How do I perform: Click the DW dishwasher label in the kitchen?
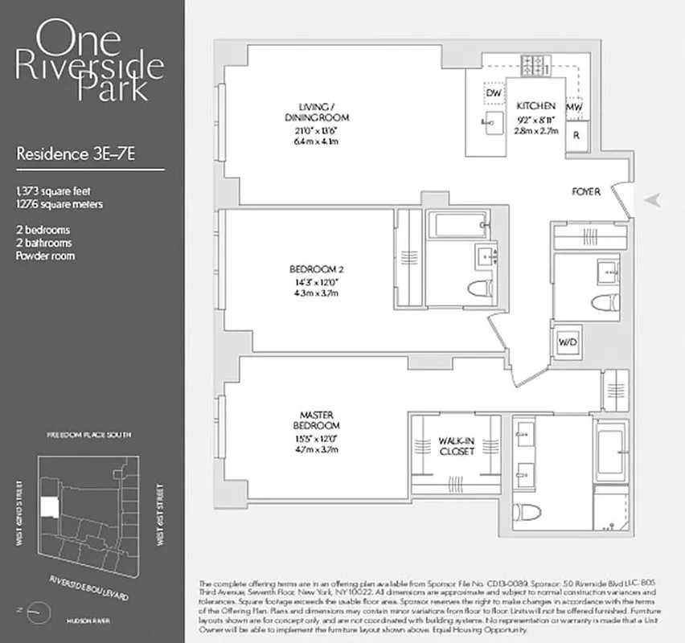pos(494,94)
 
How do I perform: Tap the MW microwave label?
pos(574,107)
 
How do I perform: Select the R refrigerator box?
pos(576,135)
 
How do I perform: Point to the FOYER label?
pos(585,192)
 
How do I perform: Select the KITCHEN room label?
pos(535,106)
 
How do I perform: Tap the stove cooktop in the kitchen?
pos(532,63)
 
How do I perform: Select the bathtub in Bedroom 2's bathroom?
pos(457,225)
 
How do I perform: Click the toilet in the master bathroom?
pos(530,512)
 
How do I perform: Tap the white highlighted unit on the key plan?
pos(49,506)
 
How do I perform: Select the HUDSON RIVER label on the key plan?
pos(89,621)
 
